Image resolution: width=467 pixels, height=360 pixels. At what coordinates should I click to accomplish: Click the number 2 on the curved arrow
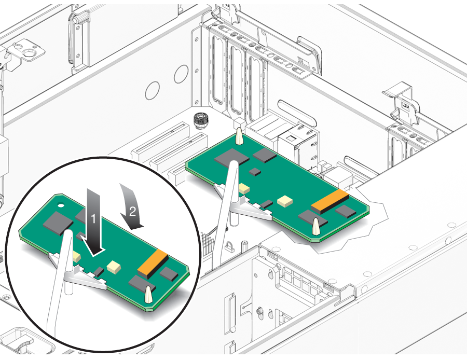132,211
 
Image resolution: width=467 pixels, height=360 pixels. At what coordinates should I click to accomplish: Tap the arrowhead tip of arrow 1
95,255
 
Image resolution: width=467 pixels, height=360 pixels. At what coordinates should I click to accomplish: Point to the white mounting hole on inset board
61,205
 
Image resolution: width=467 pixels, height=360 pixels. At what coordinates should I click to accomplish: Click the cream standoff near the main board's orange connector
315,226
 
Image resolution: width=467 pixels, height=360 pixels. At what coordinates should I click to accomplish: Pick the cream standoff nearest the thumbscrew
238,136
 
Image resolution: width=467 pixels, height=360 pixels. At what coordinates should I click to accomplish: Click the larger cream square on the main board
283,201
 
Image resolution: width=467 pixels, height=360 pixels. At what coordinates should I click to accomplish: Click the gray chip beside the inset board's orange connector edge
169,274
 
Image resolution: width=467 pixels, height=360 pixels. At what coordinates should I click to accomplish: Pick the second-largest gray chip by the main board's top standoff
265,155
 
